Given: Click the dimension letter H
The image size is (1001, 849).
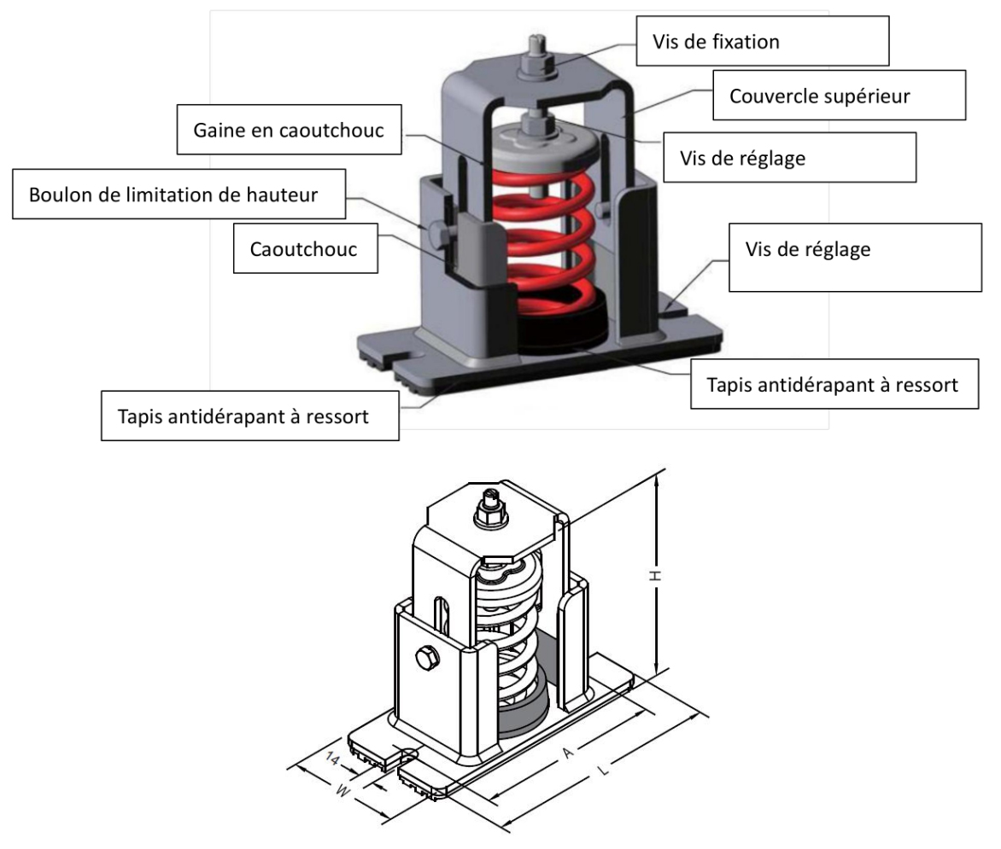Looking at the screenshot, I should tap(657, 576).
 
